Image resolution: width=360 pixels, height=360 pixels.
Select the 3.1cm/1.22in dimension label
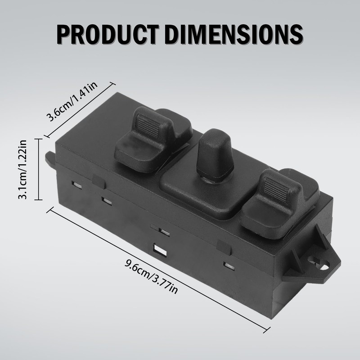(x=23, y=169)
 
